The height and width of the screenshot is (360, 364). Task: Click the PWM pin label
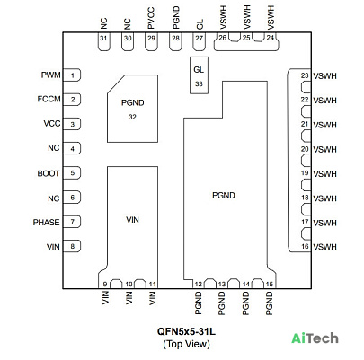point(50,75)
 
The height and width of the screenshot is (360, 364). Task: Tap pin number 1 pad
point(72,75)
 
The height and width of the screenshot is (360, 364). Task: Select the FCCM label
point(49,99)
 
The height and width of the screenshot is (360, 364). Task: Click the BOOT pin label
point(49,173)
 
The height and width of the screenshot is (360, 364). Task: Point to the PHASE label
point(46,223)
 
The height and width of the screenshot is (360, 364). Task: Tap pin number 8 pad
point(72,246)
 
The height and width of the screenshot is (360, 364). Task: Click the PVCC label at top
point(151,19)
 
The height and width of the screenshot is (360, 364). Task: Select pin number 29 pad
point(151,41)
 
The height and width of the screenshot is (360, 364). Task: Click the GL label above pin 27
point(200,24)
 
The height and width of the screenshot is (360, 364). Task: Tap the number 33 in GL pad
point(199,84)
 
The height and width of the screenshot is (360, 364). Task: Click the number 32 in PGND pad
point(132,117)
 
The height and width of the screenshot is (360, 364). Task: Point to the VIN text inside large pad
point(132,220)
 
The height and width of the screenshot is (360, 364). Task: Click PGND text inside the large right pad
point(224,196)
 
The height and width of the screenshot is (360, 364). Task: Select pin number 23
point(305,75)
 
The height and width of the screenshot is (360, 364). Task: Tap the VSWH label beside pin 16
point(325,247)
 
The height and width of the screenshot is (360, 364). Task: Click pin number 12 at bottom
point(198,285)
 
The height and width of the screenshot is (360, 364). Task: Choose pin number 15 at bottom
point(270,284)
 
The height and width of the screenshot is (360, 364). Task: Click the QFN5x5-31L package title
point(186,331)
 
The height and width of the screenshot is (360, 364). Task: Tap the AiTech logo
point(315,338)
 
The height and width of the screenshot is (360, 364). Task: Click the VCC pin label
point(52,123)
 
